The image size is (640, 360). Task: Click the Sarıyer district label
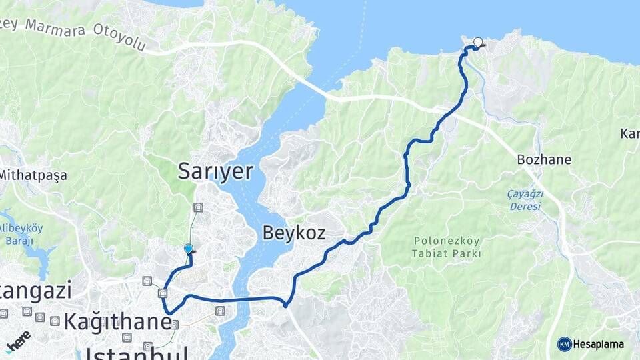pos(215,172)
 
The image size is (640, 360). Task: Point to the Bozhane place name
pos(542,160)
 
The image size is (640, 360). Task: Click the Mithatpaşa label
pos(33,176)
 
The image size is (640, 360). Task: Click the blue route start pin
pos(189,249)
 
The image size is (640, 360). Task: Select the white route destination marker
pos(477,43)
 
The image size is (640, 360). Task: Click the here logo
pos(19,341)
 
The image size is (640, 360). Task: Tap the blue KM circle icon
pos(564,344)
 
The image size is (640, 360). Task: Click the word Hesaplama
pos(599,344)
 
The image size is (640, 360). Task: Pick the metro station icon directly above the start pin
pos(197,207)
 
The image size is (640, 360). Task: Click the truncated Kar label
pos(629,134)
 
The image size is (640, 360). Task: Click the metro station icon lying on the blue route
pos(163,293)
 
